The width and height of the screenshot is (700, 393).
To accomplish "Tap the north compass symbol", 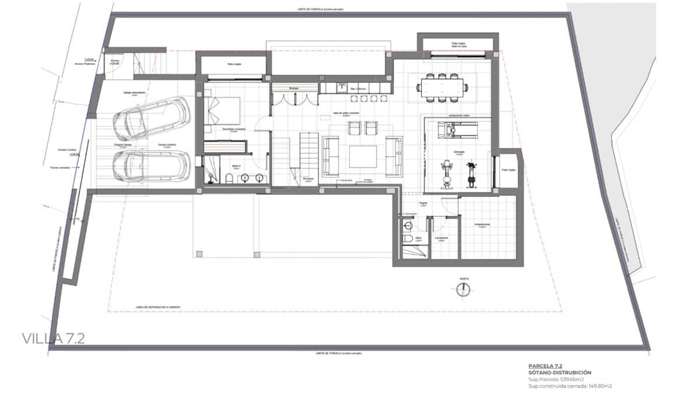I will point(464,288).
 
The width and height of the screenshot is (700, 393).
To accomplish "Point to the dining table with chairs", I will point(442,88).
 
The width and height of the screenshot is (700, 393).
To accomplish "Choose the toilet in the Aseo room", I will point(408,239).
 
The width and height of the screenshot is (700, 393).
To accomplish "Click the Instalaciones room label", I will point(481,225).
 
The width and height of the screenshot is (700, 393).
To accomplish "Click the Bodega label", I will point(293,88).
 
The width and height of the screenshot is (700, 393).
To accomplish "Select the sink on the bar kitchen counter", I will point(342,89).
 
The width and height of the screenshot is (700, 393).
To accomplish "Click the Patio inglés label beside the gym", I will point(508,170).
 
